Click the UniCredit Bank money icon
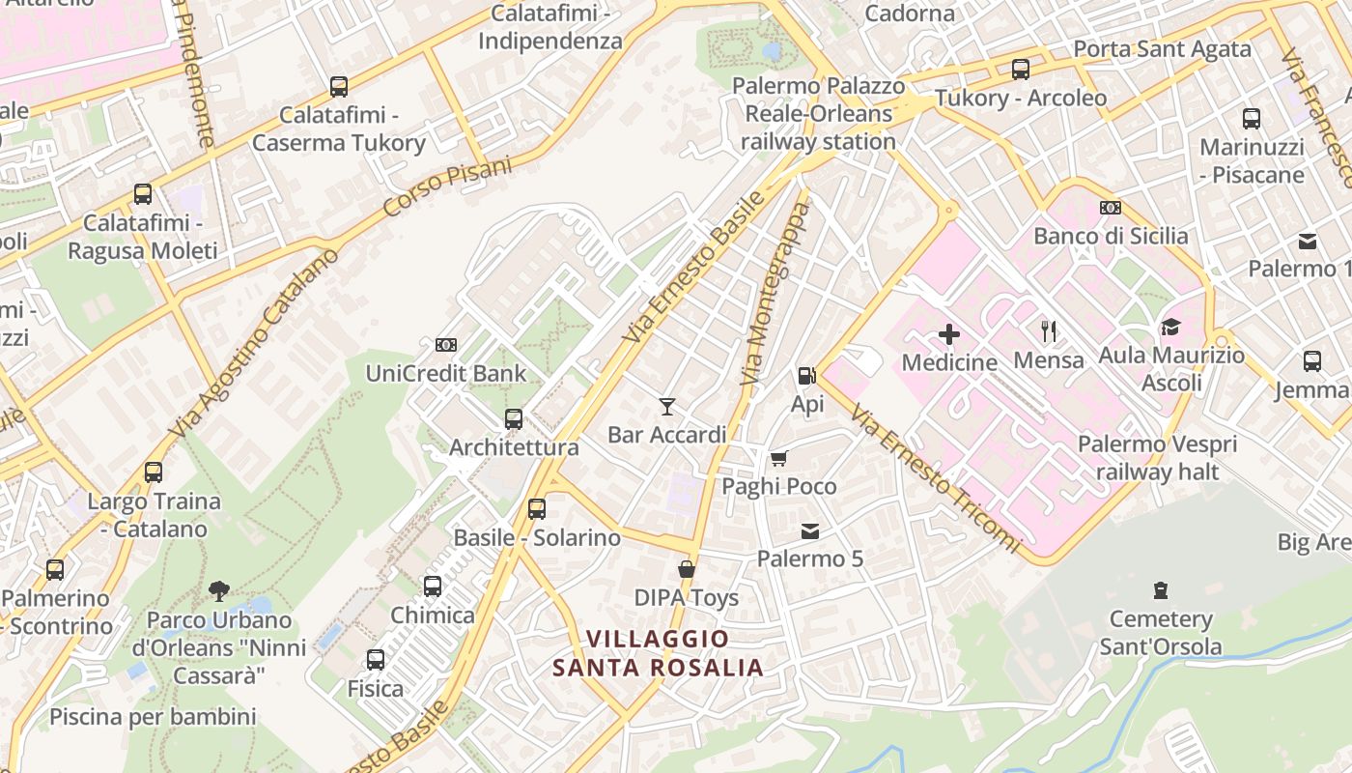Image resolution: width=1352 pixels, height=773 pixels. pos(445,344)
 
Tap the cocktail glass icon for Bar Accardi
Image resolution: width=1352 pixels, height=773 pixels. pos(666,406)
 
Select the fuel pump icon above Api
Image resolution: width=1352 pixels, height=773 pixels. pos(805,375)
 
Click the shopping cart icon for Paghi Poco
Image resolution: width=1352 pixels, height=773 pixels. pos(778,458)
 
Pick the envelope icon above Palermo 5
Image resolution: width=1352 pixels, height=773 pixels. pos(809,530)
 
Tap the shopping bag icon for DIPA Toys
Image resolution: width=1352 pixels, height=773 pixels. pos(687,569)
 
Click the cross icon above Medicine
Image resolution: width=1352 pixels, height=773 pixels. pos(948,334)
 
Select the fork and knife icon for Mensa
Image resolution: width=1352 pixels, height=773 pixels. pos(1049,331)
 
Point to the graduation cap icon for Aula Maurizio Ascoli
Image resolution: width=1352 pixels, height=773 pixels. pos(1170,327)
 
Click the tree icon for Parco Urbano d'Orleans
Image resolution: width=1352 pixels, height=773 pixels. pos(219,590)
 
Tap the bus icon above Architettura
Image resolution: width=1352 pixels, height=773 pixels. pos(514,419)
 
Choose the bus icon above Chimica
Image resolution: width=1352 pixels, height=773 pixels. pos(433,587)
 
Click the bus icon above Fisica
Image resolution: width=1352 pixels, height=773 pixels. pos(375,660)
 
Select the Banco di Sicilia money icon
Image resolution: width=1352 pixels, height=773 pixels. pos(1110,208)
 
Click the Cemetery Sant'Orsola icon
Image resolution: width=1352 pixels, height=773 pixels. pos(1160,590)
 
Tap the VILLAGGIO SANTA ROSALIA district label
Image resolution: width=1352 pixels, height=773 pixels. pos(658,653)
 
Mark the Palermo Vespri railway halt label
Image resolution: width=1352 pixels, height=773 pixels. pos(1157,458)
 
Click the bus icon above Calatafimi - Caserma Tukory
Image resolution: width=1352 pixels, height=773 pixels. pos(338,87)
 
